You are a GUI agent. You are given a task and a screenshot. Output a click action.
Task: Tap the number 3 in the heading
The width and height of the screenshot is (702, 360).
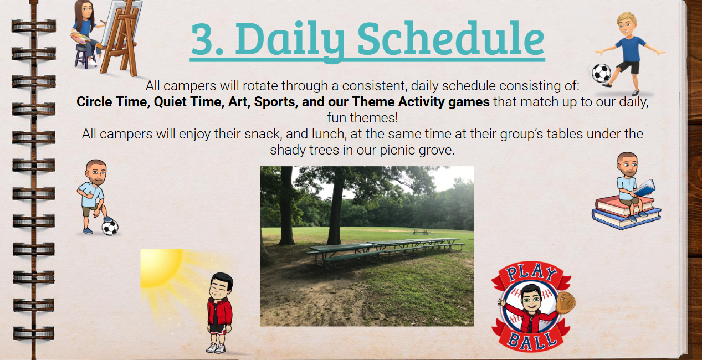click(x=204, y=39)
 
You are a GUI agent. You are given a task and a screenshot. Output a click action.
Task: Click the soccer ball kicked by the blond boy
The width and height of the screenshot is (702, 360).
click(x=601, y=73)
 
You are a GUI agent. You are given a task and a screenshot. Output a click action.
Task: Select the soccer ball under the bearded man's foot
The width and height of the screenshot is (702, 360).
click(x=110, y=227)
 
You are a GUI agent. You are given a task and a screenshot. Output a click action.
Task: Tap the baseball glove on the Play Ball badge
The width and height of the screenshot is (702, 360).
click(x=566, y=302)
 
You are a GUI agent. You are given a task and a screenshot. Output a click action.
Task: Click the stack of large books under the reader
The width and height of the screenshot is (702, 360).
click(x=626, y=213)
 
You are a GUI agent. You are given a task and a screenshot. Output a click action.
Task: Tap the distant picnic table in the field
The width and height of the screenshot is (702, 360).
click(x=421, y=232)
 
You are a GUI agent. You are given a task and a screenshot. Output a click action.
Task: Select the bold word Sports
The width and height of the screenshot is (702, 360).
click(x=276, y=102)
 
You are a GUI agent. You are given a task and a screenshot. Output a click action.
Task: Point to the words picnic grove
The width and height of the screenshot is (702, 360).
click(x=417, y=151)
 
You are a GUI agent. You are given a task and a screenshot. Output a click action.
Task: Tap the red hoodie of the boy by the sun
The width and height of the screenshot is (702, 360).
click(x=219, y=312)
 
